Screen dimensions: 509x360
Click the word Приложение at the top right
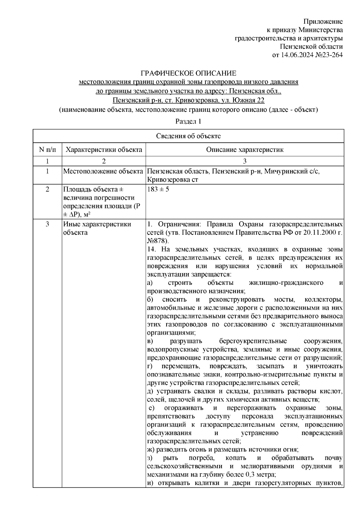[x=323, y=22]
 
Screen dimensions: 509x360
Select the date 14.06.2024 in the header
[x=296, y=55]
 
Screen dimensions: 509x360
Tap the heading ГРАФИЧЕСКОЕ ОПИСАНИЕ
[x=189, y=73]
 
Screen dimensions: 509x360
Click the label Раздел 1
[x=188, y=121]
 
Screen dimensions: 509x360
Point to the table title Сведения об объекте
[x=188, y=136]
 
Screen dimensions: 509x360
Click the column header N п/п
[x=47, y=150]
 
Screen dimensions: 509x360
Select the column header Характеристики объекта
[x=104, y=150]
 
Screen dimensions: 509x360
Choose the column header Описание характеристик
[x=244, y=150]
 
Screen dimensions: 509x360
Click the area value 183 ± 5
[x=158, y=189]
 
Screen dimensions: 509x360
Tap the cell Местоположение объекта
[x=103, y=171]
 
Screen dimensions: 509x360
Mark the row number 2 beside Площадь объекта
[x=47, y=189]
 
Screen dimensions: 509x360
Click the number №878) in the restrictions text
[x=158, y=241]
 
